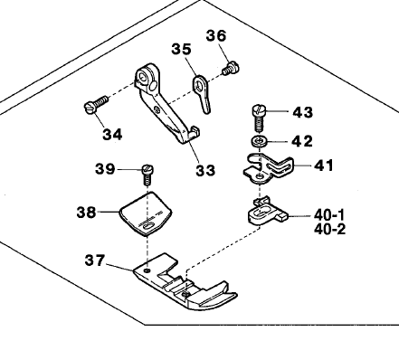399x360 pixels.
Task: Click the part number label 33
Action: tap(204, 170)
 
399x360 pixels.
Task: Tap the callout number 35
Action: tap(181, 51)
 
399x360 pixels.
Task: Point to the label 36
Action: tap(214, 35)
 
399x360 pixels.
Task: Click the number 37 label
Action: tap(96, 261)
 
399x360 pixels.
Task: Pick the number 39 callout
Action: tap(107, 168)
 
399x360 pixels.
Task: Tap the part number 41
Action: tap(323, 166)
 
